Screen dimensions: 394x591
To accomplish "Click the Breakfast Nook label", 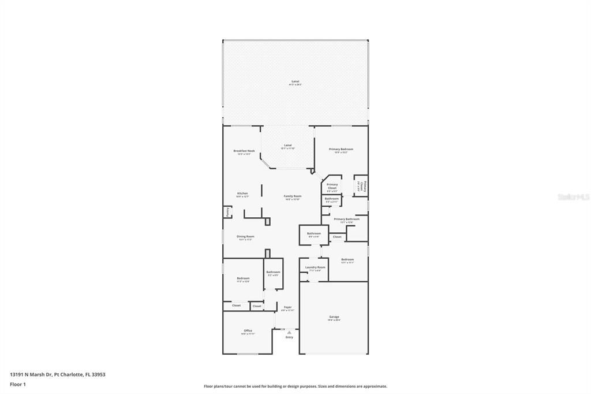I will (x=244, y=151).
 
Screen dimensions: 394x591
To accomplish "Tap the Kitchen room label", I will (x=242, y=194).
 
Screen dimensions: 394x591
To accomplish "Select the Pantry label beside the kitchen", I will (x=228, y=213).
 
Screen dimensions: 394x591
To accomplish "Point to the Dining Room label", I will (x=245, y=236).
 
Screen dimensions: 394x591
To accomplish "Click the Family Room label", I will (x=293, y=196).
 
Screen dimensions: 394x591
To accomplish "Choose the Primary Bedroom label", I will (x=341, y=149).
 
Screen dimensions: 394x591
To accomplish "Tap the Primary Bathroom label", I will (x=346, y=219).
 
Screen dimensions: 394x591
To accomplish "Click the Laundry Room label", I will (x=315, y=267).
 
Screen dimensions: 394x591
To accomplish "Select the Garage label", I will (x=334, y=317).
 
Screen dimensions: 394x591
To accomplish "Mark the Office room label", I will (x=248, y=330).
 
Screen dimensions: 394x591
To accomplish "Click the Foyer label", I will (x=287, y=307).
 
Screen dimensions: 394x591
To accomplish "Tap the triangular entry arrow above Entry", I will (x=289, y=332).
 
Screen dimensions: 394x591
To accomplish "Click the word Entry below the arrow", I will (x=289, y=337).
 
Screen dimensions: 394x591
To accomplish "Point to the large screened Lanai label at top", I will (x=295, y=81).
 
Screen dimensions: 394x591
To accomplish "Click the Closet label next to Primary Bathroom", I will (x=337, y=237).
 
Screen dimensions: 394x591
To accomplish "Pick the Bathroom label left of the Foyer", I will (x=273, y=272).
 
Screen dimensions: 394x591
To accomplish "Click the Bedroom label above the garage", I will (x=347, y=259).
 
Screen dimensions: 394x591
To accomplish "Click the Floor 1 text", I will (x=18, y=384).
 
